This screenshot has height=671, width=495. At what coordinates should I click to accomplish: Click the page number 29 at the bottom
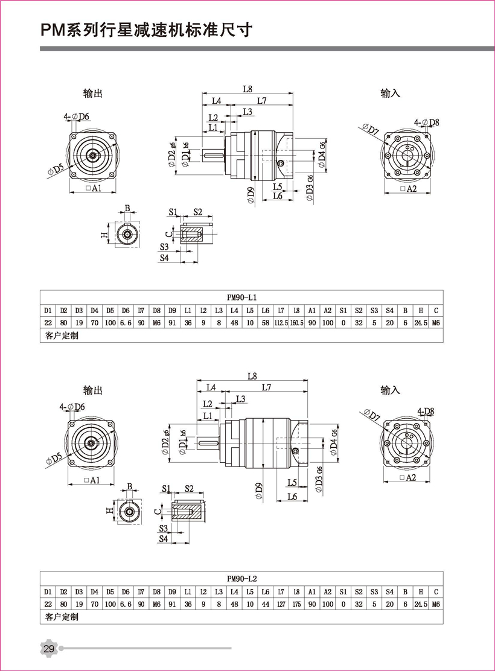pyautogui.click(x=49, y=649)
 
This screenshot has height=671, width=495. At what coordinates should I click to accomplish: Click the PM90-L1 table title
pyautogui.click(x=241, y=297)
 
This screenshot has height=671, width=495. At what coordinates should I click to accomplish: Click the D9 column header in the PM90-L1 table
pyautogui.click(x=172, y=311)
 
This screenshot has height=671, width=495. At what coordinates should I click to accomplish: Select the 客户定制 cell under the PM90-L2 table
pyautogui.click(x=62, y=617)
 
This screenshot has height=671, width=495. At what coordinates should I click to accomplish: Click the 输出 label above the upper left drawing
pyautogui.click(x=93, y=94)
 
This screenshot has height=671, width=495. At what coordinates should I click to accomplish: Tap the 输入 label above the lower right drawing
pyautogui.click(x=390, y=390)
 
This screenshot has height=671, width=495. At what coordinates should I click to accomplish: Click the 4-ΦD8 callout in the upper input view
pyautogui.click(x=427, y=122)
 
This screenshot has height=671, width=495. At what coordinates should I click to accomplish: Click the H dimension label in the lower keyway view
pyautogui.click(x=109, y=511)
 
